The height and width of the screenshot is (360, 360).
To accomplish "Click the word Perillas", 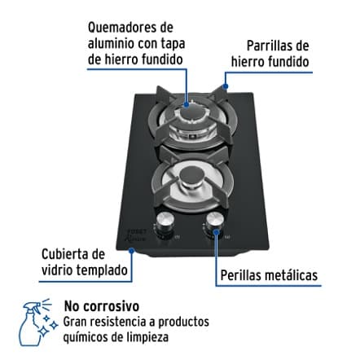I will (244, 276).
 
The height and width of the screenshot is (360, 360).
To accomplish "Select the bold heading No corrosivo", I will (101, 307).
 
